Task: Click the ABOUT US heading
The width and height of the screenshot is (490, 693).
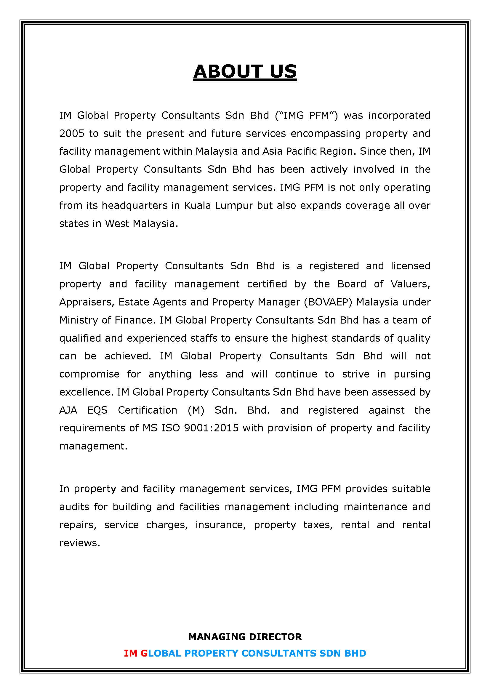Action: [245, 71]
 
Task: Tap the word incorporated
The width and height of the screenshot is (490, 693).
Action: [399, 115]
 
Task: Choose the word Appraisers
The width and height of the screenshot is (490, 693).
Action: [86, 302]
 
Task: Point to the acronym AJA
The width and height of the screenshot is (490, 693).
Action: [68, 410]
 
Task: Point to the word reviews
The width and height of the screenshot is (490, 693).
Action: [79, 543]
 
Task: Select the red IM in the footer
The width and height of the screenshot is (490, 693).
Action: [131, 653]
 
